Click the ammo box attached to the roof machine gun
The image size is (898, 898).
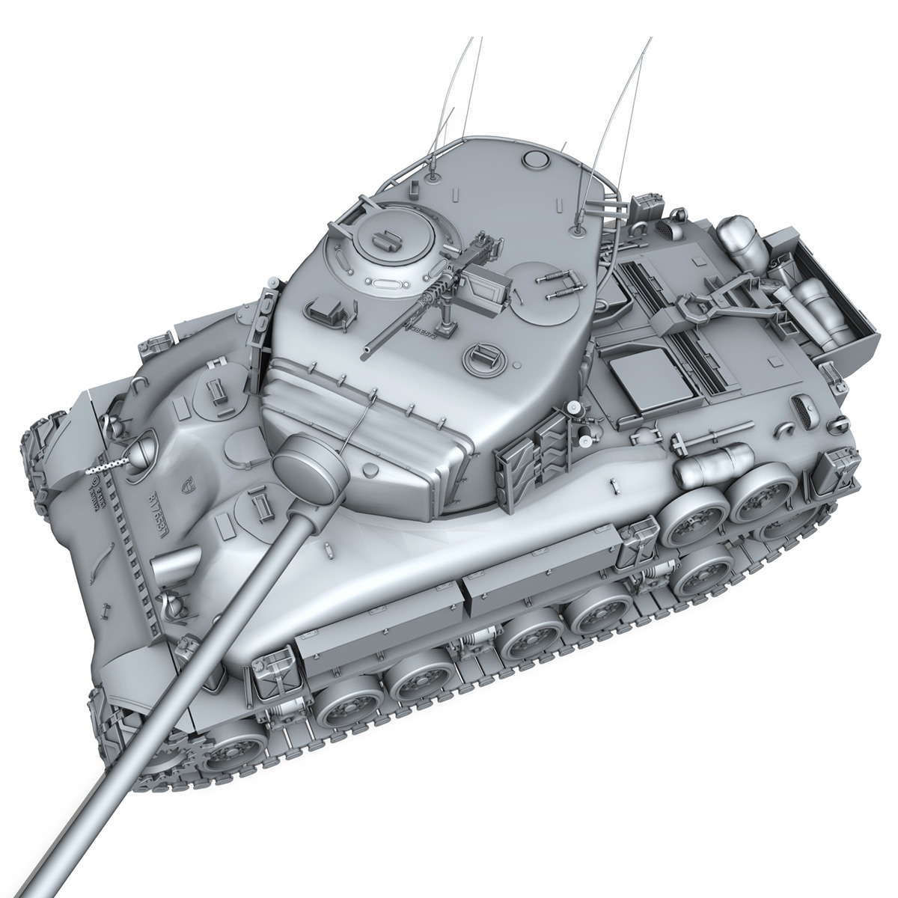[x=487, y=287]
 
